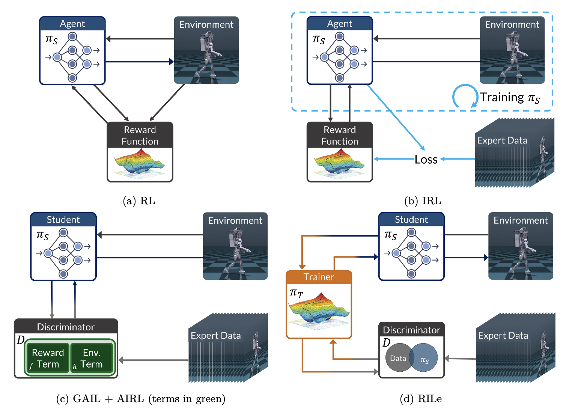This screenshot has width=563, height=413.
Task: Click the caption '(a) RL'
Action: (x=139, y=201)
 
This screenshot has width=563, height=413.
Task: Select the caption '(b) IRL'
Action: (x=423, y=201)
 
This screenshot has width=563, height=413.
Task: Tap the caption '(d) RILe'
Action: (x=421, y=399)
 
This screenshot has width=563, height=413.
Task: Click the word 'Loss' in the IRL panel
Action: (x=426, y=159)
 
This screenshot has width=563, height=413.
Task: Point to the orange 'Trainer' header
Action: (x=319, y=277)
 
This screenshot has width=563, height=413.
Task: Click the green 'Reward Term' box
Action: (x=48, y=358)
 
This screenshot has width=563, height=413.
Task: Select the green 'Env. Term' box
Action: (x=92, y=358)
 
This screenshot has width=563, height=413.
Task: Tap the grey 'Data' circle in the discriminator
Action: (x=398, y=357)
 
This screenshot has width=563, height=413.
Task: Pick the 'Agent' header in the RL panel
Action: (x=72, y=24)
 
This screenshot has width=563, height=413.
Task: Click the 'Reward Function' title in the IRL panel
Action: (x=340, y=136)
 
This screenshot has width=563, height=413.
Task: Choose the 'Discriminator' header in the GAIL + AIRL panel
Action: (x=66, y=327)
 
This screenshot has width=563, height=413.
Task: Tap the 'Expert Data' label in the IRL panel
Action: (x=502, y=140)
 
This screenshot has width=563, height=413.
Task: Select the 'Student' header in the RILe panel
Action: (x=411, y=219)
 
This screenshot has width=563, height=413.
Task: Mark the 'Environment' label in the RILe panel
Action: (x=521, y=220)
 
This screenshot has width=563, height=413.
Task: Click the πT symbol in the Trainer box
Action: (x=297, y=293)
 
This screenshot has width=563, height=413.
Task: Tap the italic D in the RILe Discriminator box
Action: (x=386, y=342)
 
